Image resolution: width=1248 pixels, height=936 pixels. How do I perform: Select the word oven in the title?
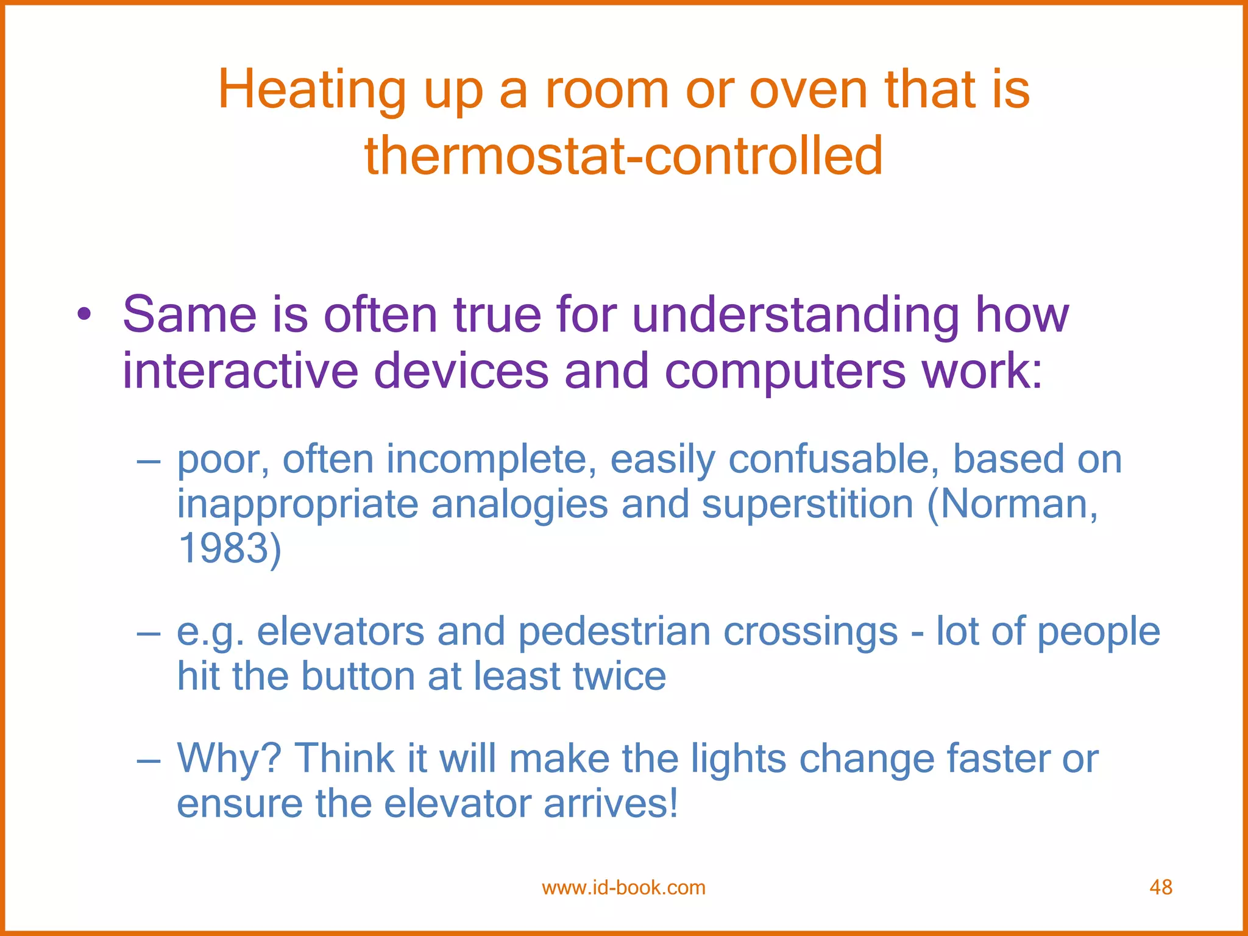[808, 90]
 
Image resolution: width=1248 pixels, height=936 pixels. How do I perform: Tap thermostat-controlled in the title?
[623, 155]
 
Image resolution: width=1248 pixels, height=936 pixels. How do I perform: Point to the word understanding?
[795, 316]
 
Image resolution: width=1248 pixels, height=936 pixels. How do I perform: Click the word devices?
[461, 372]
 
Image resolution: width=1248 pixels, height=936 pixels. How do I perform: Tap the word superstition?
[807, 505]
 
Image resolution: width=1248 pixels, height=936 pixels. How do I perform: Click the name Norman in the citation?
[1013, 505]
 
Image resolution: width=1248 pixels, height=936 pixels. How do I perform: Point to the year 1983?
[223, 548]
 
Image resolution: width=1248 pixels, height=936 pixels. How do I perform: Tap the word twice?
[619, 676]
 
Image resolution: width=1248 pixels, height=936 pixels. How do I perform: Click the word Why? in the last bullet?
[229, 759]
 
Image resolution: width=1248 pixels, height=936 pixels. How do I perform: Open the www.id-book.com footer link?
[623, 887]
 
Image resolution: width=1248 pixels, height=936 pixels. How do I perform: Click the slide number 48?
[1160, 887]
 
